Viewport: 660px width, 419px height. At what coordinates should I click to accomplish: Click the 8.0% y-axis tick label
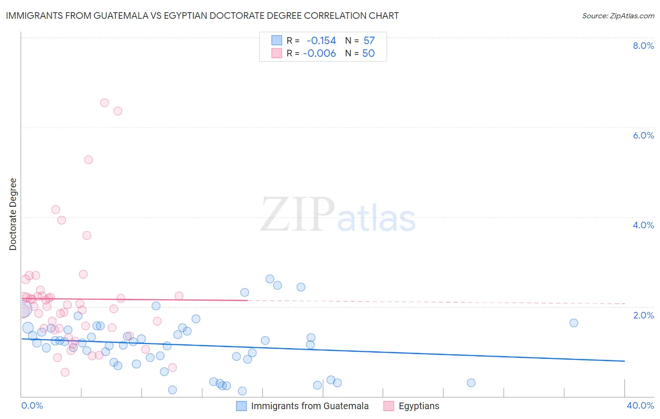click(x=643, y=46)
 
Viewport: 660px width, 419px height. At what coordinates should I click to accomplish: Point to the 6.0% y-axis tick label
click(x=643, y=135)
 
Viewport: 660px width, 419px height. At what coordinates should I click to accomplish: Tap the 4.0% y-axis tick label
click(x=643, y=225)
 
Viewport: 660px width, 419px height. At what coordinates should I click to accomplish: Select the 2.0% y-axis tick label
click(x=643, y=315)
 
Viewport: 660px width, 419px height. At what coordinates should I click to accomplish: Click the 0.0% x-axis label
click(x=32, y=405)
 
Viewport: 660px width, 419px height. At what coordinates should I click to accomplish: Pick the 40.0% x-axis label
click(x=640, y=405)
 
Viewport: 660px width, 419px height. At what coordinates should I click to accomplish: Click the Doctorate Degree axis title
click(x=13, y=214)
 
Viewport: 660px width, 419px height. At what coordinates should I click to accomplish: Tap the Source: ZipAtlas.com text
click(x=618, y=16)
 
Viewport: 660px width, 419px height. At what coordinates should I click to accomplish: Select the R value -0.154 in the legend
click(x=321, y=41)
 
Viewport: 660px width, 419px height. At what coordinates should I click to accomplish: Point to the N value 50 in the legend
click(x=368, y=54)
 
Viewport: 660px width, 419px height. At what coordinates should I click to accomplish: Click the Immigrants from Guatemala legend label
click(x=310, y=406)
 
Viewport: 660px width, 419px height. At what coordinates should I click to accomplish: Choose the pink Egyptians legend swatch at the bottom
click(x=388, y=406)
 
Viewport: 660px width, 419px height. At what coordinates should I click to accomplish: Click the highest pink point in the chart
click(x=104, y=103)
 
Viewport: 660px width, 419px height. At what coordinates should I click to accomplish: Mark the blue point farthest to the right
click(x=574, y=323)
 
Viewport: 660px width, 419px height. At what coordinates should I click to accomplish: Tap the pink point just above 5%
click(x=88, y=160)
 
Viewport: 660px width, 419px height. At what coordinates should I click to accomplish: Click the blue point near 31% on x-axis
click(x=471, y=383)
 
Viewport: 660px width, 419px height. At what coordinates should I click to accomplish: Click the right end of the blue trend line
click(x=624, y=361)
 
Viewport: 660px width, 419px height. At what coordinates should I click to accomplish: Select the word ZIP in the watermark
click(x=298, y=215)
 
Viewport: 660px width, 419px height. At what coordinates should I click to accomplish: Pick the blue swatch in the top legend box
click(x=277, y=41)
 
